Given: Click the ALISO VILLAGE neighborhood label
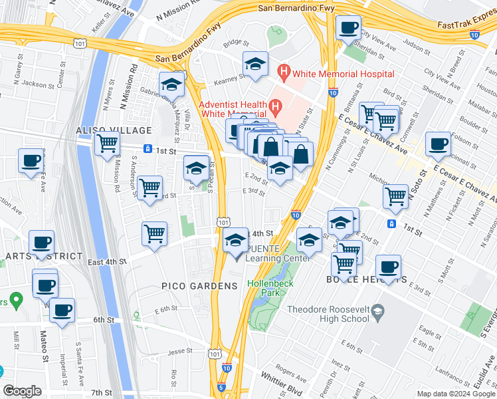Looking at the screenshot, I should pyautogui.click(x=114, y=130).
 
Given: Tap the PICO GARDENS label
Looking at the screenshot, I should pyautogui.click(x=199, y=286).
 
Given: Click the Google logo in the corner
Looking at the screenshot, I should pyautogui.click(x=22, y=391).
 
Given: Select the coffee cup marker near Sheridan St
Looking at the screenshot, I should pyautogui.click(x=348, y=29).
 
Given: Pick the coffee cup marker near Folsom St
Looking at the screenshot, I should pyautogui.click(x=437, y=144).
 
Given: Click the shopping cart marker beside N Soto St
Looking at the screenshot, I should pyautogui.click(x=395, y=196).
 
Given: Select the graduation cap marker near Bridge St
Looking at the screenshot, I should pyautogui.click(x=255, y=65).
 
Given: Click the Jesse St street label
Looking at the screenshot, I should pyautogui.click(x=181, y=350).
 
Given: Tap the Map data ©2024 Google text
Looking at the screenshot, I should pyautogui.click(x=456, y=394).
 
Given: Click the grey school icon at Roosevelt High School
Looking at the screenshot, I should pyautogui.click(x=377, y=311).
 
